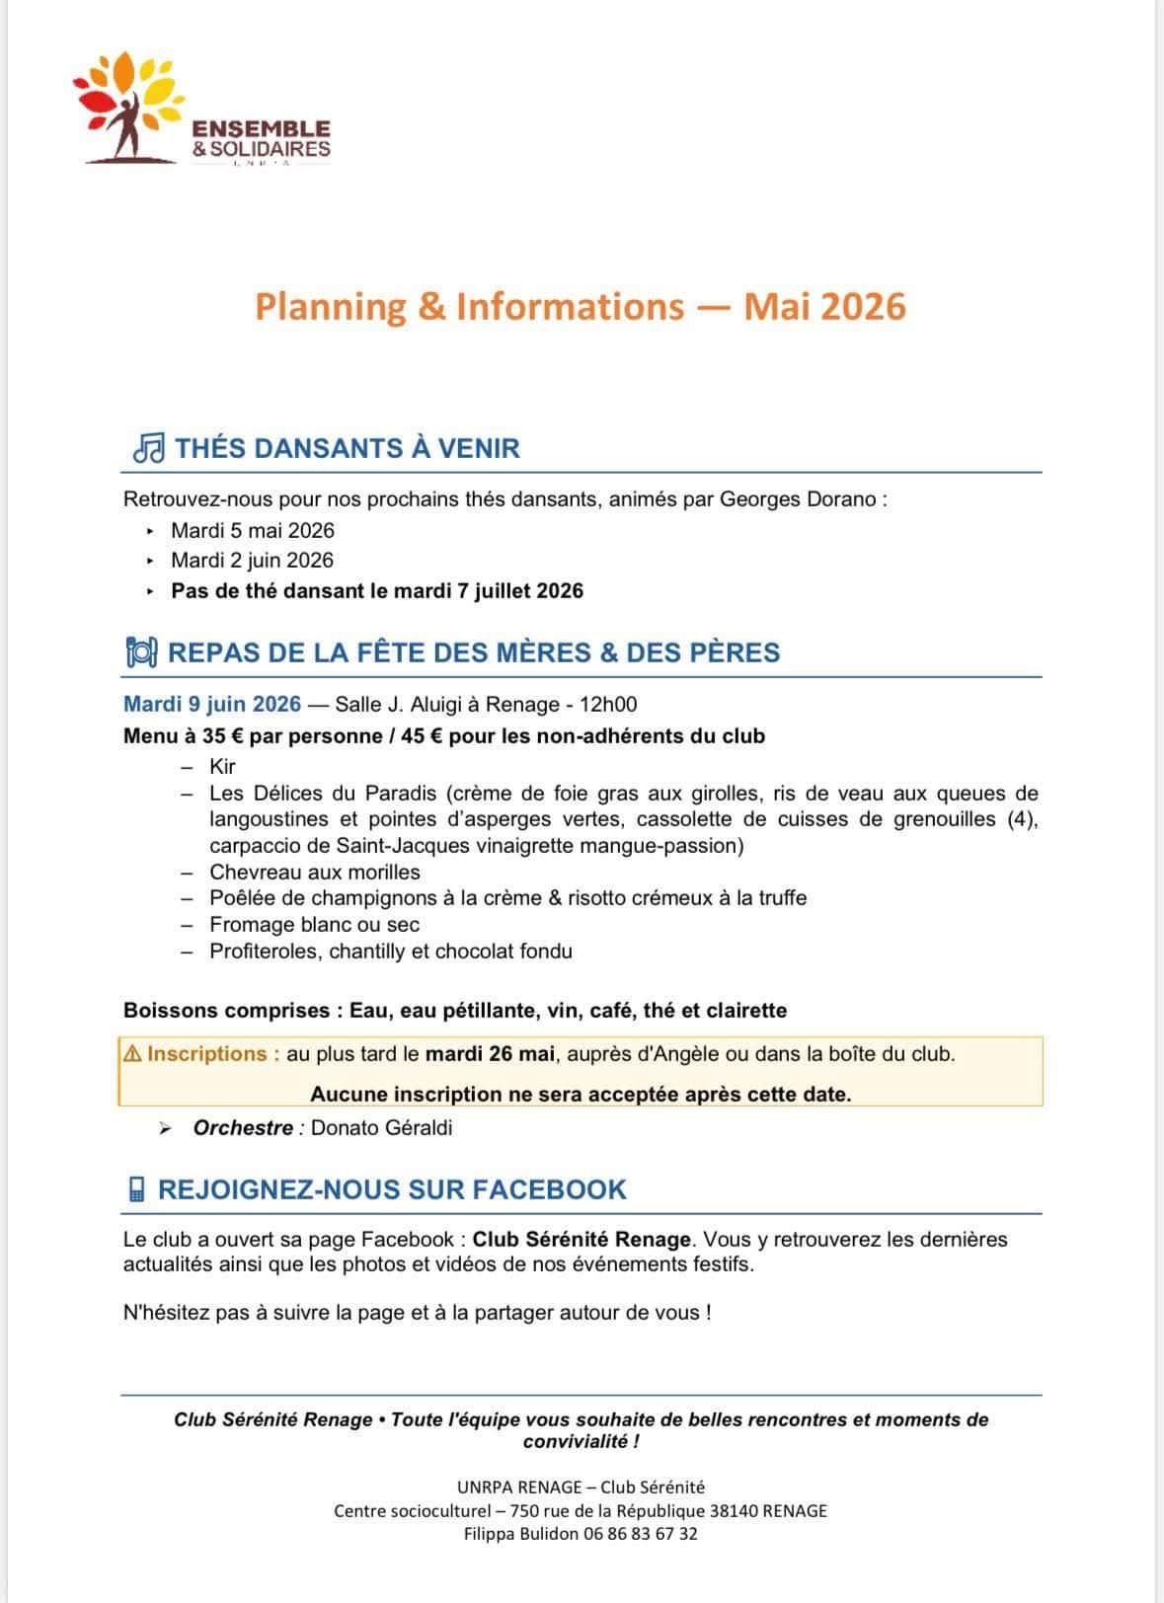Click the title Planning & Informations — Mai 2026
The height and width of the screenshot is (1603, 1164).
581,307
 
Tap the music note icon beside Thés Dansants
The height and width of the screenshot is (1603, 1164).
148,449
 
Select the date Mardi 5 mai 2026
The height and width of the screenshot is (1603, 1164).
253,530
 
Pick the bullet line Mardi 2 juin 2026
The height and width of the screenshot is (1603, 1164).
253,560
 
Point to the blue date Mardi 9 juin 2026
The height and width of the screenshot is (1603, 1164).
212,704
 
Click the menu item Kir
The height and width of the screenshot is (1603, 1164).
222,767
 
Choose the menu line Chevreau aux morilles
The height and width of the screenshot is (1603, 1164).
315,872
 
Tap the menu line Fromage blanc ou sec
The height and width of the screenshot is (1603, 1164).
315,925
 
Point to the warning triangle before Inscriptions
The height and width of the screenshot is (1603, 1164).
132,1053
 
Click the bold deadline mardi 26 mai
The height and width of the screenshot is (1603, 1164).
490,1053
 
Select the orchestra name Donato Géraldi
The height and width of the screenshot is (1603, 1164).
381,1127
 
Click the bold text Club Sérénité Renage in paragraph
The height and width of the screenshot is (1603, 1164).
582,1239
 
